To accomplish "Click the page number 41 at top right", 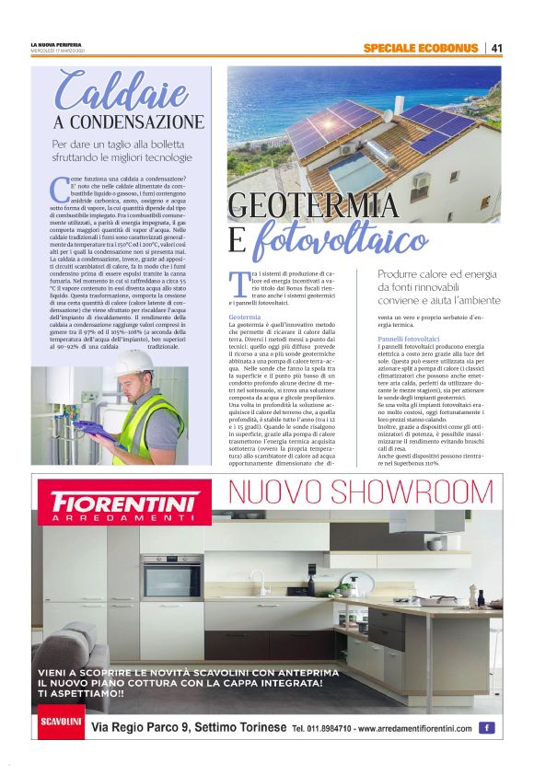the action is (496, 48).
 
